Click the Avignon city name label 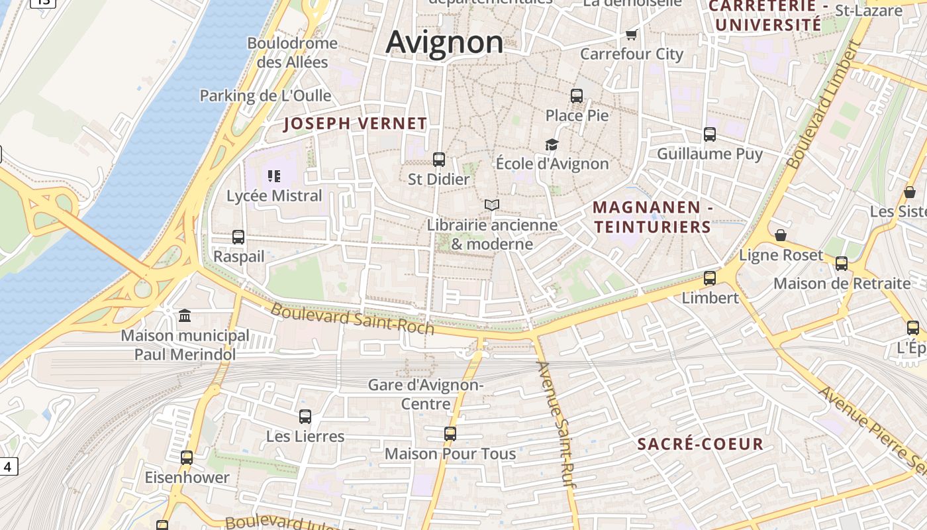pyautogui.click(x=444, y=42)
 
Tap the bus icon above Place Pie pyautogui.click(x=577, y=96)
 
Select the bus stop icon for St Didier pyautogui.click(x=438, y=160)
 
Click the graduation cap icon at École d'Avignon pyautogui.click(x=552, y=144)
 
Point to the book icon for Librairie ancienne pyautogui.click(x=491, y=205)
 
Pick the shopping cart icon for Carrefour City pyautogui.click(x=631, y=34)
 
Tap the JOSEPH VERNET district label pyautogui.click(x=356, y=123)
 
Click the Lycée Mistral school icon pyautogui.click(x=274, y=176)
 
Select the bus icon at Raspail pyautogui.click(x=238, y=237)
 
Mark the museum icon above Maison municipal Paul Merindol pyautogui.click(x=185, y=316)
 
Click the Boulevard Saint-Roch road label pyautogui.click(x=352, y=319)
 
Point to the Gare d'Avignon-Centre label pyautogui.click(x=426, y=394)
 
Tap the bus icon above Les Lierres pyautogui.click(x=305, y=417)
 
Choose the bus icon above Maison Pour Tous pyautogui.click(x=450, y=434)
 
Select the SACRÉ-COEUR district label pyautogui.click(x=701, y=444)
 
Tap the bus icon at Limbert pyautogui.click(x=710, y=278)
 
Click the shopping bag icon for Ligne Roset pyautogui.click(x=781, y=236)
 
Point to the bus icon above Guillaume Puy pyautogui.click(x=710, y=134)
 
